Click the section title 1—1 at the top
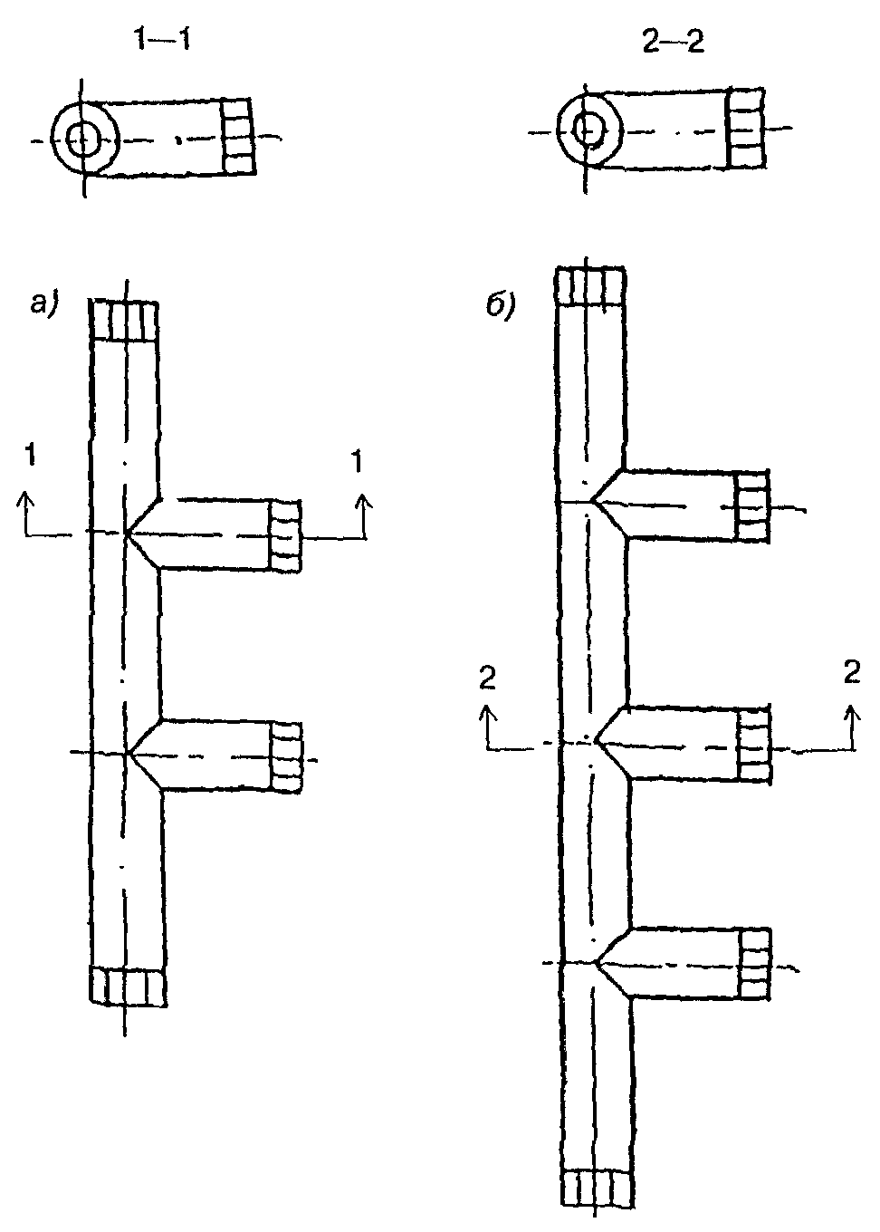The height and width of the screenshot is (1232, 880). point(163,40)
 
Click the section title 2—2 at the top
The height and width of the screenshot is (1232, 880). point(673,42)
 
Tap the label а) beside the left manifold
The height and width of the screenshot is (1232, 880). point(44,303)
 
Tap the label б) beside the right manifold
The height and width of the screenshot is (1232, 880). point(501,306)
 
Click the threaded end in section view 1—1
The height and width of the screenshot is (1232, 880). point(238,137)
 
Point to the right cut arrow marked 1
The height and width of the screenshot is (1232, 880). point(363,516)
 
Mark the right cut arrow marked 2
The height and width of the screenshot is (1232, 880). point(853,727)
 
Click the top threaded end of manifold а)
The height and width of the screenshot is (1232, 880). point(125,321)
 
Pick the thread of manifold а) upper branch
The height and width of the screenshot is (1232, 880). point(285,536)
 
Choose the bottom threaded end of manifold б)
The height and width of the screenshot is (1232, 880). point(598,1195)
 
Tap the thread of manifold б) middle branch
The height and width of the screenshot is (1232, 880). point(754,745)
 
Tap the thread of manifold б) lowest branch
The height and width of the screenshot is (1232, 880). point(755,964)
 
